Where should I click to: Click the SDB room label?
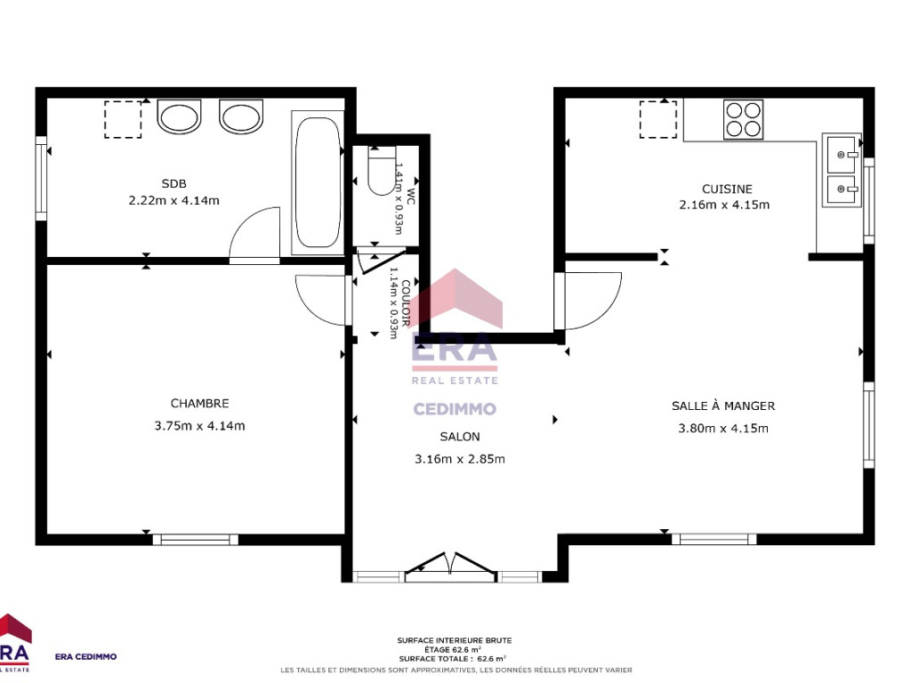[x=173, y=183]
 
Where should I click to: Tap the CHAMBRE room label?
[x=200, y=403]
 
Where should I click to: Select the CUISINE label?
[x=727, y=189]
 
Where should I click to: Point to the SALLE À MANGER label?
[x=723, y=406]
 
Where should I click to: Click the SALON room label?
[x=460, y=437]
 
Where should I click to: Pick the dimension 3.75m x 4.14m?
[x=200, y=426]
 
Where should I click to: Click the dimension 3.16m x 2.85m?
[x=460, y=459]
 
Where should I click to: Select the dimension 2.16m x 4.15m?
[x=724, y=205]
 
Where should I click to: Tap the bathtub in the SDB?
[x=318, y=182]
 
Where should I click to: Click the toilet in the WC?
[x=381, y=171]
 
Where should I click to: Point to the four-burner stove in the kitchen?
[x=743, y=120]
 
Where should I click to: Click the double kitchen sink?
[x=841, y=170]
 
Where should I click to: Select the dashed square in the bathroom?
[x=123, y=120]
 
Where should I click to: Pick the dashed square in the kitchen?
[x=658, y=120]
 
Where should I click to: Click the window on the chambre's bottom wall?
[x=195, y=540]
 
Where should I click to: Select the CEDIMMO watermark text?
[x=455, y=409]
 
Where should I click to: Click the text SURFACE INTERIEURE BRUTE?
[x=455, y=640]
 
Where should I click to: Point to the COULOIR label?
[x=406, y=303]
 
